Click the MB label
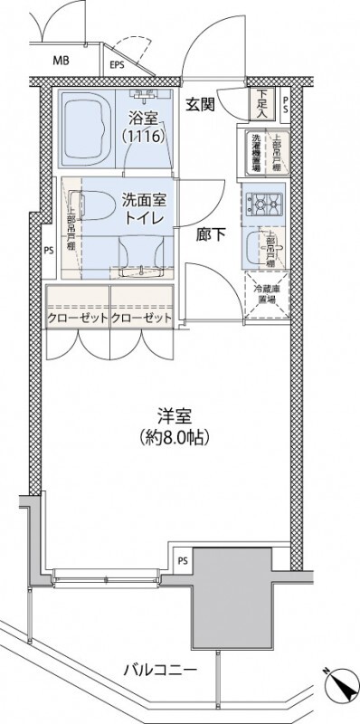[61, 62]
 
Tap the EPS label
[117, 65]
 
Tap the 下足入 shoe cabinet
[261, 104]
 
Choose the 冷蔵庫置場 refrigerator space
[266, 295]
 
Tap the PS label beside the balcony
[183, 559]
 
